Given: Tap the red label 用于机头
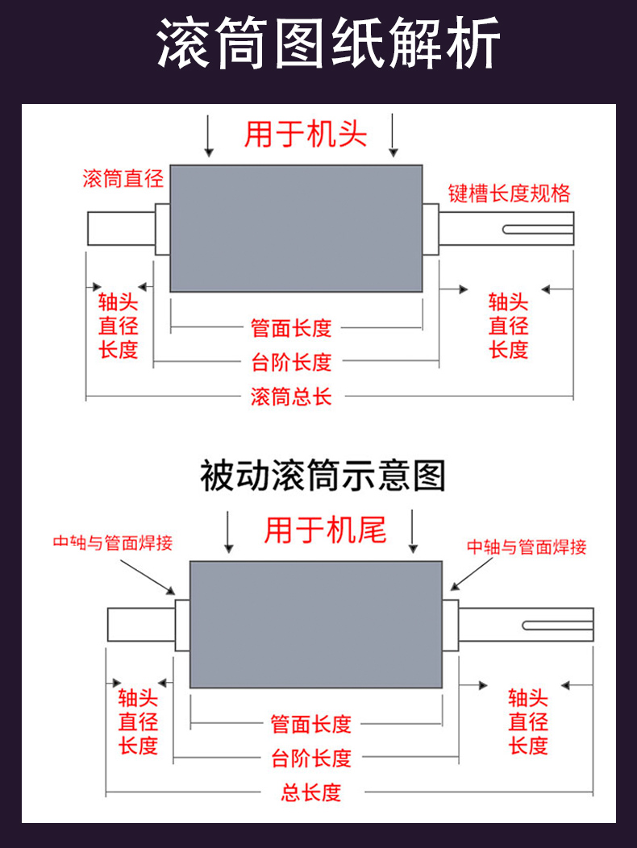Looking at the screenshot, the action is (305, 134).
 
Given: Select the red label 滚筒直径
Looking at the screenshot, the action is (123, 179).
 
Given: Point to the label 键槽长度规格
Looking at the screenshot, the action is (510, 193).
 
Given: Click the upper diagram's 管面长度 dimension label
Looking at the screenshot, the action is (291, 328).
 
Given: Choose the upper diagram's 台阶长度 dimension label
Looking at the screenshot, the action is (291, 363).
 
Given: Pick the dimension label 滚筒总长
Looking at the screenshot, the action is (291, 397).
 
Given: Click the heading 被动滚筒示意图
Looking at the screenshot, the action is (322, 476).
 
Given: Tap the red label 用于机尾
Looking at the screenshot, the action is (325, 530).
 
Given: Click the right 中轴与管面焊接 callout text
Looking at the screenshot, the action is (527, 547).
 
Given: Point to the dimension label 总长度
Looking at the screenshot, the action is (311, 792).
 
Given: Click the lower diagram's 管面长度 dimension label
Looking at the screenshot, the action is (311, 724).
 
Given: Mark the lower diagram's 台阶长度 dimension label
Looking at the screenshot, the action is (311, 759).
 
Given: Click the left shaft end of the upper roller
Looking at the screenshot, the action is (120, 229).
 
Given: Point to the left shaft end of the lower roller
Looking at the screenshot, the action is (140, 625).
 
